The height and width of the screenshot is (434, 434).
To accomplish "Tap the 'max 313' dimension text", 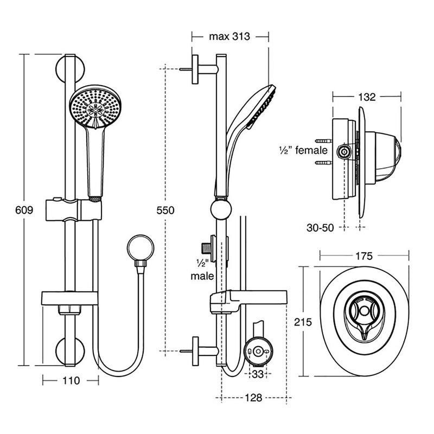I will pyautogui.click(x=229, y=37).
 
